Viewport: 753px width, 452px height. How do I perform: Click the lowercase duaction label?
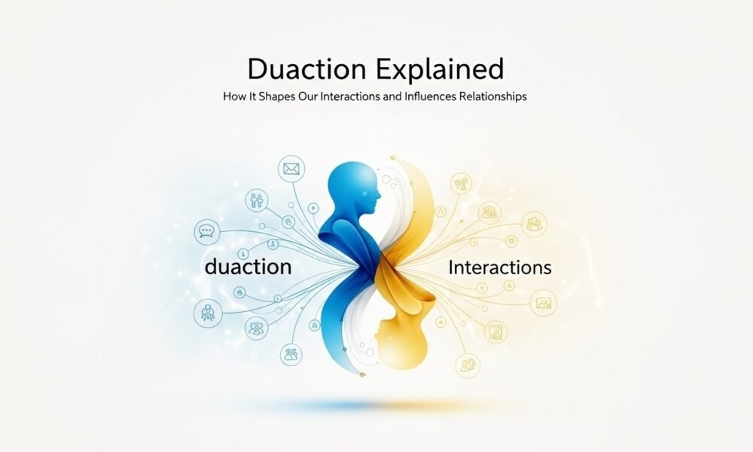(x=247, y=266)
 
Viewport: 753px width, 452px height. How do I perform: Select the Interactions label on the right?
(x=499, y=267)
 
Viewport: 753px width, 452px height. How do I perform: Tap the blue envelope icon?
(x=291, y=169)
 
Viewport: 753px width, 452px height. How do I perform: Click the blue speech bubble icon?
(x=206, y=231)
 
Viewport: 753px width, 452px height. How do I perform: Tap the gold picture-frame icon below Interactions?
(x=543, y=304)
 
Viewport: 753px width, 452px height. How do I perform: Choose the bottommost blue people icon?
(x=290, y=353)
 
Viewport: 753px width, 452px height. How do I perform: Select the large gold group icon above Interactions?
(x=535, y=224)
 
